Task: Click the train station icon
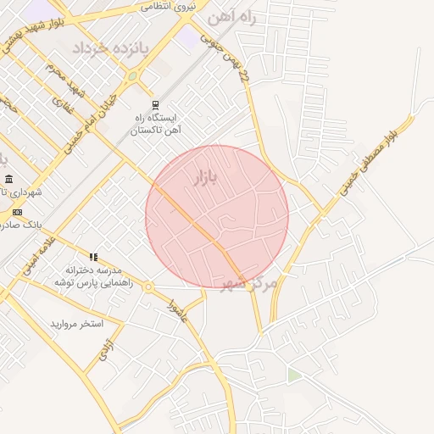coord(155,105)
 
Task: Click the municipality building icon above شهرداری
coord(8,179)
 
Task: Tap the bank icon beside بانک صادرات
coord(17,212)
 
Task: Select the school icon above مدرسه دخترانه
coord(93,256)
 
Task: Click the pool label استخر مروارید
coord(76,324)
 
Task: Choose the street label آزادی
coord(105,351)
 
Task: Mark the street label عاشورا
coord(177,310)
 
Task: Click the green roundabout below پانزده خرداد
coord(132,76)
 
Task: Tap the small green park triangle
coord(293,374)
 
